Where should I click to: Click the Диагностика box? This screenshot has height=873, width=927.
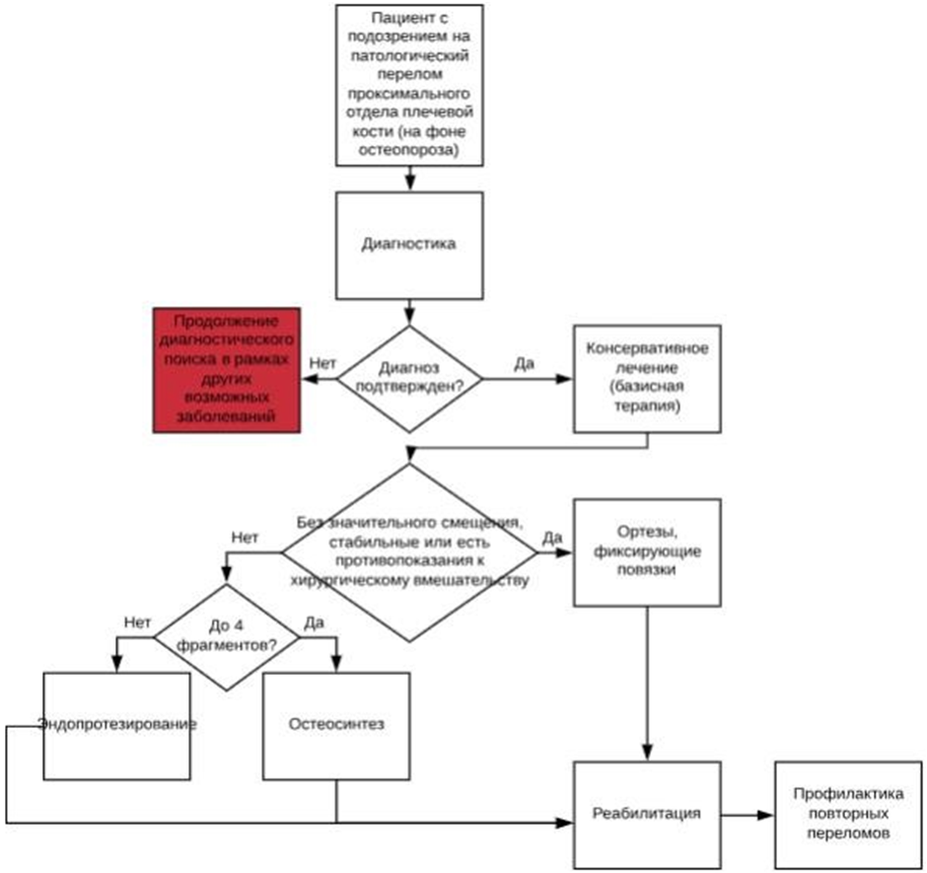[x=409, y=244]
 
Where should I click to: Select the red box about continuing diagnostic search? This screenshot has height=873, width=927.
[x=226, y=369]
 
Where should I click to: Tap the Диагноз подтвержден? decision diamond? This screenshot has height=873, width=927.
[x=409, y=379]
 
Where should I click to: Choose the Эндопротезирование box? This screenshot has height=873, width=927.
[x=116, y=725]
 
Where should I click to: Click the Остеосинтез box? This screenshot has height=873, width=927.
[x=336, y=725]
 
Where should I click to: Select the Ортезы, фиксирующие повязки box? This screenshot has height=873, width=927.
[x=647, y=552]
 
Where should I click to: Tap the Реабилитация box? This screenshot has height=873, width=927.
[x=647, y=814]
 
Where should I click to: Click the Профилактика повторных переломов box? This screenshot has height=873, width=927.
[x=841, y=814]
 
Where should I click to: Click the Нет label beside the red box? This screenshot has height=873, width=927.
[x=322, y=364]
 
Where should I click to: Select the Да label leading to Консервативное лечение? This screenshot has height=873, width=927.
[x=525, y=364]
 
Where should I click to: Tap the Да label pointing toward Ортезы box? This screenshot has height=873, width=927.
[x=552, y=537]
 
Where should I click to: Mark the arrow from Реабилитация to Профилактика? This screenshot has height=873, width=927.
[x=746, y=815]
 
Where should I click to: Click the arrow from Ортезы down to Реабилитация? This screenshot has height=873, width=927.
[x=647, y=681]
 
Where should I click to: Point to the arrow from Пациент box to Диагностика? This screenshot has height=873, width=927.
[x=409, y=177]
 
